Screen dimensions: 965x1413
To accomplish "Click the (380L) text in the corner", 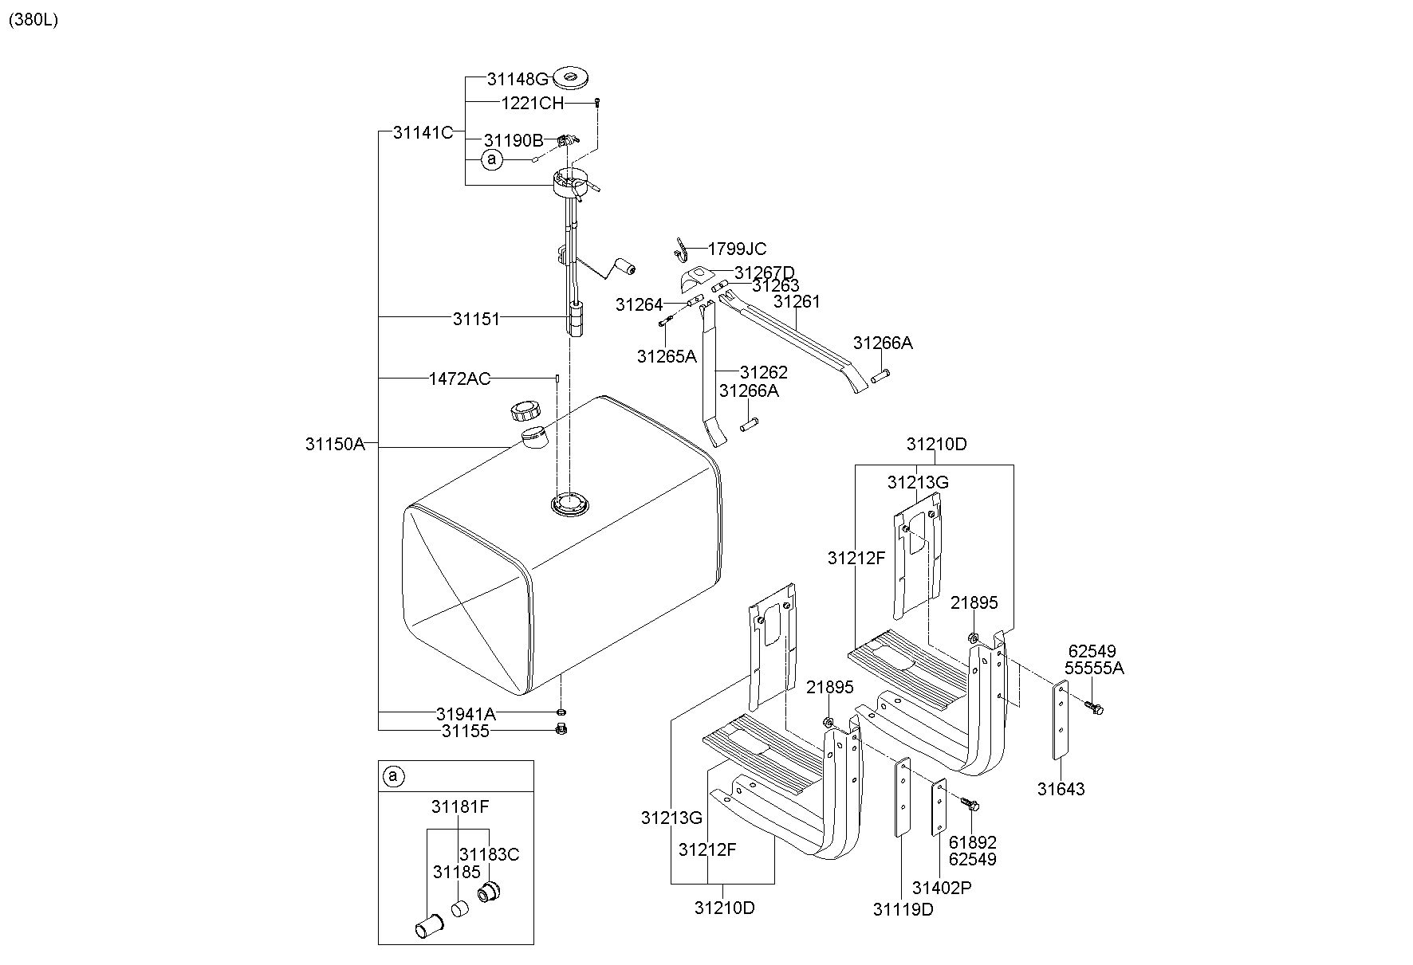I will pyautogui.click(x=33, y=21).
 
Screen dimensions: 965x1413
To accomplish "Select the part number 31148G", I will pyautogui.click(x=518, y=79).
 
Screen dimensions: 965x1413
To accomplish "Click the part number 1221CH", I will pyautogui.click(x=532, y=103).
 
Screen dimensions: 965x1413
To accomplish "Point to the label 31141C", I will pyautogui.click(x=423, y=132).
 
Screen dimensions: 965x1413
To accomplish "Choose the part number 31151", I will pyautogui.click(x=476, y=319).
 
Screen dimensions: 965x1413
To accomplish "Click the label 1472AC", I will pyautogui.click(x=459, y=379).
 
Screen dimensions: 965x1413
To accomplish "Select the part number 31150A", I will pyautogui.click(x=335, y=444).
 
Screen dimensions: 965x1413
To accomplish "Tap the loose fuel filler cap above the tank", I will pyautogui.click(x=525, y=411).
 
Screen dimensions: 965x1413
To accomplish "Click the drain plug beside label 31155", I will pyautogui.click(x=561, y=728).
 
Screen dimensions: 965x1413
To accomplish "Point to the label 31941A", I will pyautogui.click(x=466, y=713).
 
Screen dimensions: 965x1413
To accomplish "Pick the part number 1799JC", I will pyautogui.click(x=737, y=249).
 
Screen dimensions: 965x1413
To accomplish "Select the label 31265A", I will pyautogui.click(x=666, y=356).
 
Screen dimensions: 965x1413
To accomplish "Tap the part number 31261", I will pyautogui.click(x=797, y=301).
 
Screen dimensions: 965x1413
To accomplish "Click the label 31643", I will pyautogui.click(x=1061, y=789).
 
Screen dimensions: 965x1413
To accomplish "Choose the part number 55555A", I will pyautogui.click(x=1094, y=668).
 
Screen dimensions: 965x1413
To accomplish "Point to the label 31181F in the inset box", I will pyautogui.click(x=460, y=806).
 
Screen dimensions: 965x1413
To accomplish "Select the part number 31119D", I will pyautogui.click(x=902, y=909).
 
